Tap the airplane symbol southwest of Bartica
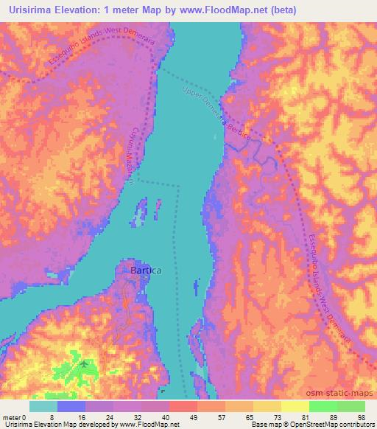tap(84, 363)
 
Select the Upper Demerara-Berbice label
tap(215, 112)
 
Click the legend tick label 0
tap(27, 418)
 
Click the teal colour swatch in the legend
tap(43, 406)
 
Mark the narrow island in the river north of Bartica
tap(139, 213)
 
